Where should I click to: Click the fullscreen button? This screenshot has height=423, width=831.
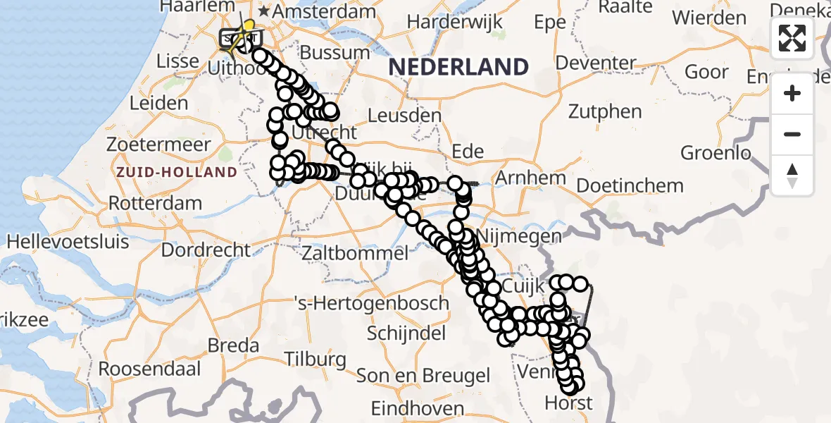[x=792, y=38]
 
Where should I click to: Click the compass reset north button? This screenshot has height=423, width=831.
[x=792, y=175]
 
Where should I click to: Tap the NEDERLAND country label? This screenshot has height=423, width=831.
[x=458, y=67]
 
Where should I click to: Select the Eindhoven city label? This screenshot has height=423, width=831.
[x=418, y=408]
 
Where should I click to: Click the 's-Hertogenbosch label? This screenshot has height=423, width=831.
[x=370, y=303]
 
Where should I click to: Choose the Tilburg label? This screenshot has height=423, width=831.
[x=315, y=358]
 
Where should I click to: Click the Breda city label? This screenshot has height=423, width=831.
[x=233, y=346]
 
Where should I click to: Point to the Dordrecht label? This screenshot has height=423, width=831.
[x=206, y=250]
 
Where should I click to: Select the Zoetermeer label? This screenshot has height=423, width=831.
[x=158, y=145]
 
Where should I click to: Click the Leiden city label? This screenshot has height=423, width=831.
[x=158, y=103]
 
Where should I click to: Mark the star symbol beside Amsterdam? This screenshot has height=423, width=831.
[x=264, y=12]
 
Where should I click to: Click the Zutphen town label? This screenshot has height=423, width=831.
[x=605, y=111]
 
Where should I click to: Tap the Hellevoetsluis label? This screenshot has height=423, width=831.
[x=68, y=242]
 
